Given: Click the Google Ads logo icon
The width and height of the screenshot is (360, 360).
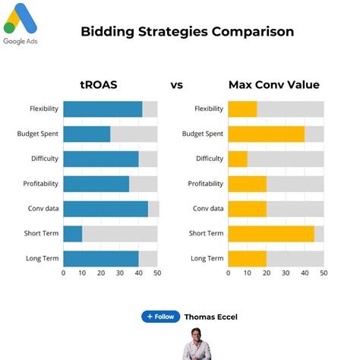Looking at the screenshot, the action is tap(21, 18).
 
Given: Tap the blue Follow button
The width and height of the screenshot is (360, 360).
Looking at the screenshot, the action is tap(160, 317).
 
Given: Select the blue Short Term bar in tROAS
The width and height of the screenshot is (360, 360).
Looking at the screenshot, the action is tap(73, 234).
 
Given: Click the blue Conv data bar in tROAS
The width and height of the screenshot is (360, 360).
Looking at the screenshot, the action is tap(106, 209).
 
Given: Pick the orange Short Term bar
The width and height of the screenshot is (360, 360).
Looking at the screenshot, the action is tap(271, 234).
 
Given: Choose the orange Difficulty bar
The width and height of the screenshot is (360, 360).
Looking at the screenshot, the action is tap(238, 159).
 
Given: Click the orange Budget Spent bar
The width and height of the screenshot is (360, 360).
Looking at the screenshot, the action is tap(267, 134).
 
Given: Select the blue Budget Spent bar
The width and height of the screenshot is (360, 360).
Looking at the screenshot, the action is tap(87, 134).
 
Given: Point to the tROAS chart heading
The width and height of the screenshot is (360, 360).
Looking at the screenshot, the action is tap(99, 85).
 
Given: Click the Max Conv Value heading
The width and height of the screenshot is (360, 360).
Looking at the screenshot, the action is tap(274, 85).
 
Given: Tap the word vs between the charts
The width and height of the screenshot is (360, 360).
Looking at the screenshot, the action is tap(176, 85).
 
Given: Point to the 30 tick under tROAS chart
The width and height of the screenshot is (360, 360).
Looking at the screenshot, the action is tap(120, 273).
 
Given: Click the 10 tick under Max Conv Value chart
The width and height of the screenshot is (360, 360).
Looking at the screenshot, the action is tap(247, 273).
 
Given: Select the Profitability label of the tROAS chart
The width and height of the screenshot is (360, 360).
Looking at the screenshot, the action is tap(40, 184).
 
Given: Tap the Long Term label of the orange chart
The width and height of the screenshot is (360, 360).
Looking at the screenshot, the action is tap(207, 258).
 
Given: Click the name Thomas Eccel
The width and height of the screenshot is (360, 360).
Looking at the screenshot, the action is tap(211, 317).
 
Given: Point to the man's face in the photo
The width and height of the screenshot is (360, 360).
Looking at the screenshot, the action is tap(196, 336).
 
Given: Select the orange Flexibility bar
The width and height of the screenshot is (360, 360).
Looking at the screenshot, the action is tap(242, 109).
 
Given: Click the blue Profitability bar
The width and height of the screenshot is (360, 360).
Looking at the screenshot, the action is tap(96, 184).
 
